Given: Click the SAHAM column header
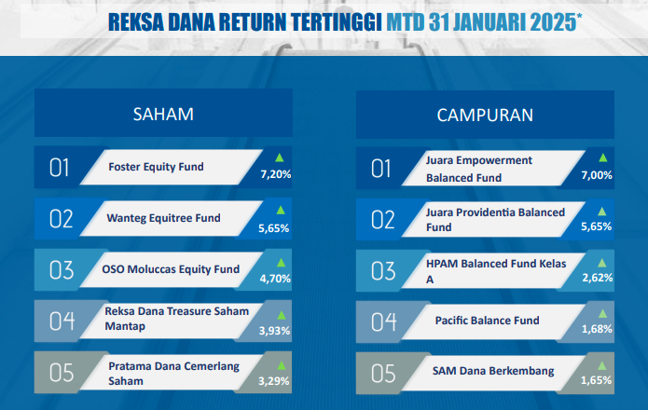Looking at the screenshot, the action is pyautogui.click(x=163, y=115).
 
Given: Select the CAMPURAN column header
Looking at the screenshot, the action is pyautogui.click(x=485, y=116).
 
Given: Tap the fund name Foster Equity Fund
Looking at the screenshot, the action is pyautogui.click(x=156, y=167).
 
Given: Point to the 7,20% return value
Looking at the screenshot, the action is pyautogui.click(x=276, y=174).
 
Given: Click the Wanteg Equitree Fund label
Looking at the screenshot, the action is pyautogui.click(x=164, y=218).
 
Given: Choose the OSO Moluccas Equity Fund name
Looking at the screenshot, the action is pyautogui.click(x=171, y=269).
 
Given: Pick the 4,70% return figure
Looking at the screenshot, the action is pyautogui.click(x=275, y=279).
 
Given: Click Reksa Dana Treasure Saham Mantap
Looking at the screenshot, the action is pyautogui.click(x=177, y=319).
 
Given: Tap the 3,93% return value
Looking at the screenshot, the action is pyautogui.click(x=274, y=331).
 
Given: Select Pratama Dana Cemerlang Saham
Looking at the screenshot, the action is pyautogui.click(x=174, y=374).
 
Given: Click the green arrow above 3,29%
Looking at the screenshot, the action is pyautogui.click(x=282, y=365).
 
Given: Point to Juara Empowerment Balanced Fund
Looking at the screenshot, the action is pyautogui.click(x=479, y=169).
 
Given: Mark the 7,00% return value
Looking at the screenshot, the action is pyautogui.click(x=597, y=175).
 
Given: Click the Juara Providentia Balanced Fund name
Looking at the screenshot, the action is pyautogui.click(x=495, y=220).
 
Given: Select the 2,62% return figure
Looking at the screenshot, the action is pyautogui.click(x=597, y=278).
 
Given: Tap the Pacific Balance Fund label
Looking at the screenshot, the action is pyautogui.click(x=488, y=321).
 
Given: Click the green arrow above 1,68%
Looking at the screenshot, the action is pyautogui.click(x=602, y=314).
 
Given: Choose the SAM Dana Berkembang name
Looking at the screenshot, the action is pyautogui.click(x=493, y=371).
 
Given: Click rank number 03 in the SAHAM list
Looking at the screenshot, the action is pyautogui.click(x=62, y=270).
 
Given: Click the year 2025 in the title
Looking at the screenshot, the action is pyautogui.click(x=553, y=22).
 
